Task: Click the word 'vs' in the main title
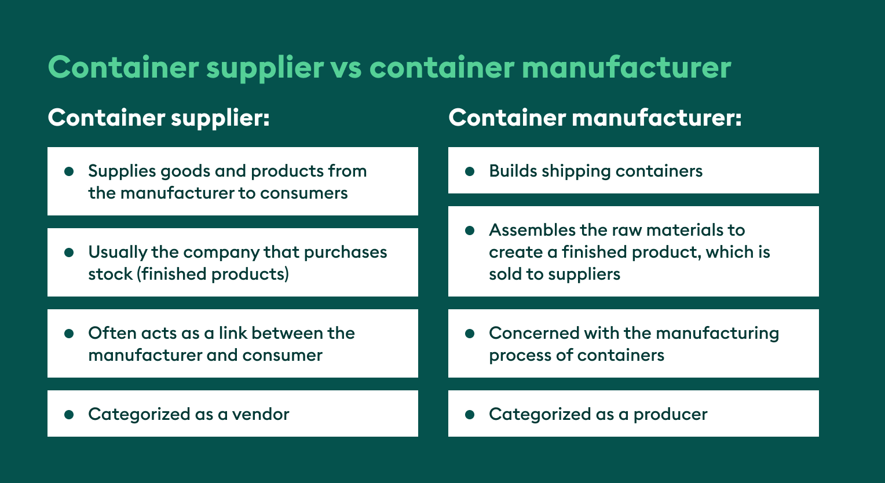point(346,68)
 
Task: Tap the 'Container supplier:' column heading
point(159,118)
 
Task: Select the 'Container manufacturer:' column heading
point(595,118)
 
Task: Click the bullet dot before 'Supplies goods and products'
point(69,171)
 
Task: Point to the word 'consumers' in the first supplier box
point(304,193)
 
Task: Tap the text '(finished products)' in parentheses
point(213,274)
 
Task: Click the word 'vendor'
point(261,415)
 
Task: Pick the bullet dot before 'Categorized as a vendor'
point(69,415)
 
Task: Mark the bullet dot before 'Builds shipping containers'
point(470,171)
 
